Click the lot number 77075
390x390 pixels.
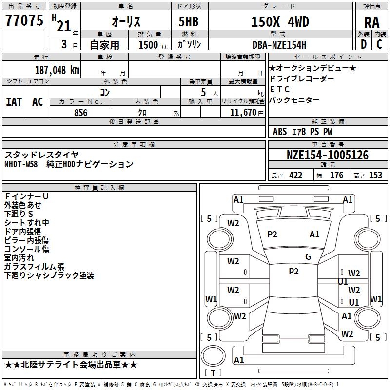pos(24,20)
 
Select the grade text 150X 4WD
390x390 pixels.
pos(280,21)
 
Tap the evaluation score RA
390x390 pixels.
pos(372,22)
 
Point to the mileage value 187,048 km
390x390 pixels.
pos(57,70)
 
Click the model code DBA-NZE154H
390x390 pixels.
pos(279,45)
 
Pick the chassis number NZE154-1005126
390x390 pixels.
pos(328,155)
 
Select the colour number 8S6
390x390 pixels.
pos(81,113)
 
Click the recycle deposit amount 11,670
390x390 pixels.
pos(243,113)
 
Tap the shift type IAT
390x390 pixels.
pos(14,102)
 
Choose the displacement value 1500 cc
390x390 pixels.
pos(153,45)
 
